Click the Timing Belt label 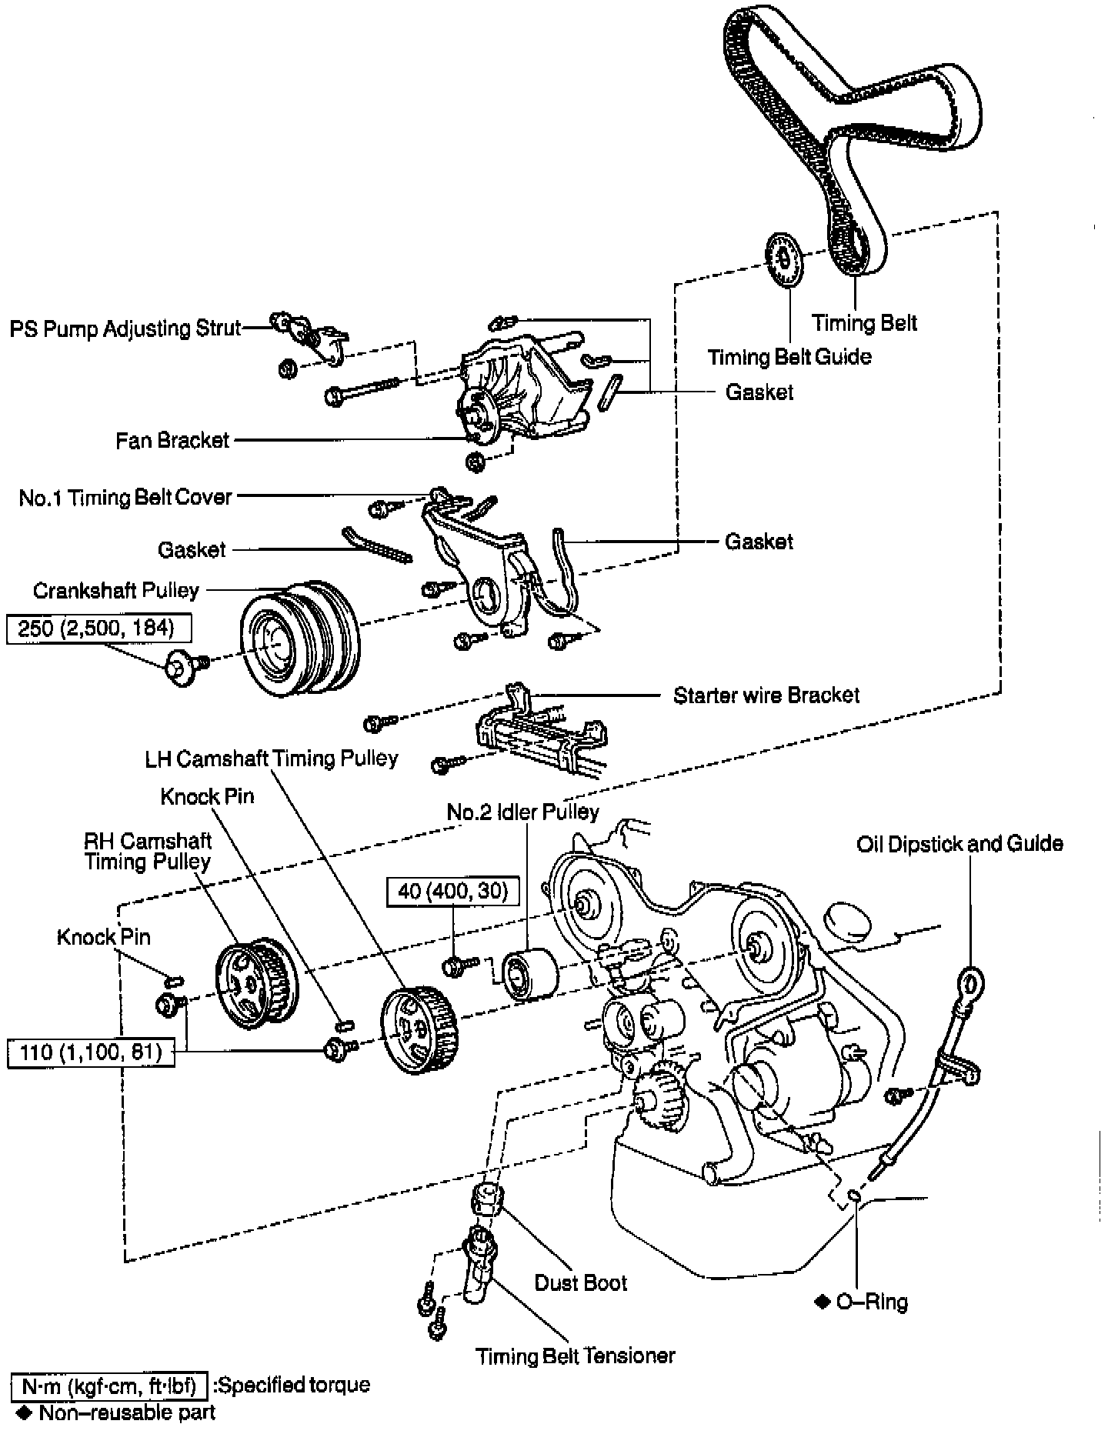pos(864,322)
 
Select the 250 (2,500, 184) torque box pos(98,629)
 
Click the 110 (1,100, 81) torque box pos(91,1052)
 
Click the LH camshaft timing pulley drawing pos(419,1030)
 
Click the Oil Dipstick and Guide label pos(959,844)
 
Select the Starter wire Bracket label pos(766,695)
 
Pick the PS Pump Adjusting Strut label pos(125,328)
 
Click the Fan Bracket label pos(172,440)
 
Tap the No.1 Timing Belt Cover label pos(125,498)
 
